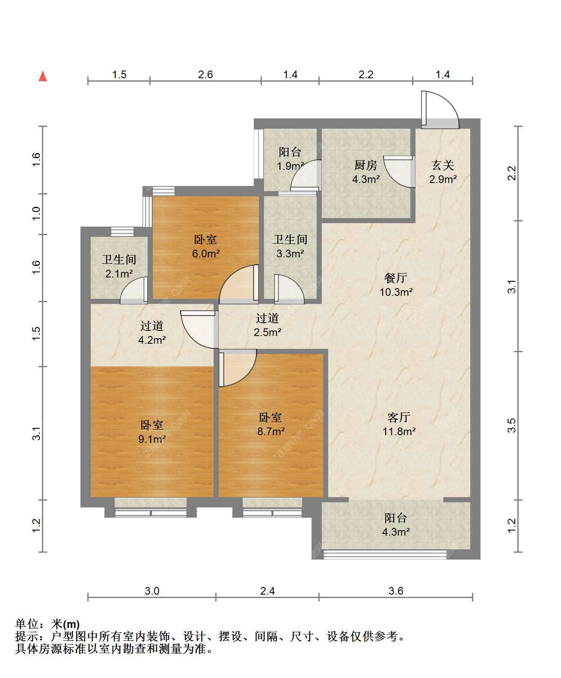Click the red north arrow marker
click(x=43, y=77)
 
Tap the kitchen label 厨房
click(x=366, y=165)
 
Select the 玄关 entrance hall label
click(x=443, y=165)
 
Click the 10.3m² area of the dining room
click(x=396, y=292)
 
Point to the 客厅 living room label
click(x=399, y=417)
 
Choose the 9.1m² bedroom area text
click(x=152, y=439)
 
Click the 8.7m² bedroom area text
click(x=271, y=431)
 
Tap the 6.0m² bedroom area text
click(x=206, y=253)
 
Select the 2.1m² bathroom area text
click(x=119, y=274)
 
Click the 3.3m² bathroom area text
click(x=290, y=253)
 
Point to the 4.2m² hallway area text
click(x=152, y=340)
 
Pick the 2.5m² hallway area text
click(x=267, y=332)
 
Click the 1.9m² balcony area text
click(x=290, y=166)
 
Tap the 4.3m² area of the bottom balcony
click(x=396, y=532)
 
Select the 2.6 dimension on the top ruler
click(x=205, y=75)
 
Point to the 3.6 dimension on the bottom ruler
click(x=396, y=591)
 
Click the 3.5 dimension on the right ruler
click(x=512, y=425)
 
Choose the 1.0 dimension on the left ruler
click(x=36, y=214)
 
